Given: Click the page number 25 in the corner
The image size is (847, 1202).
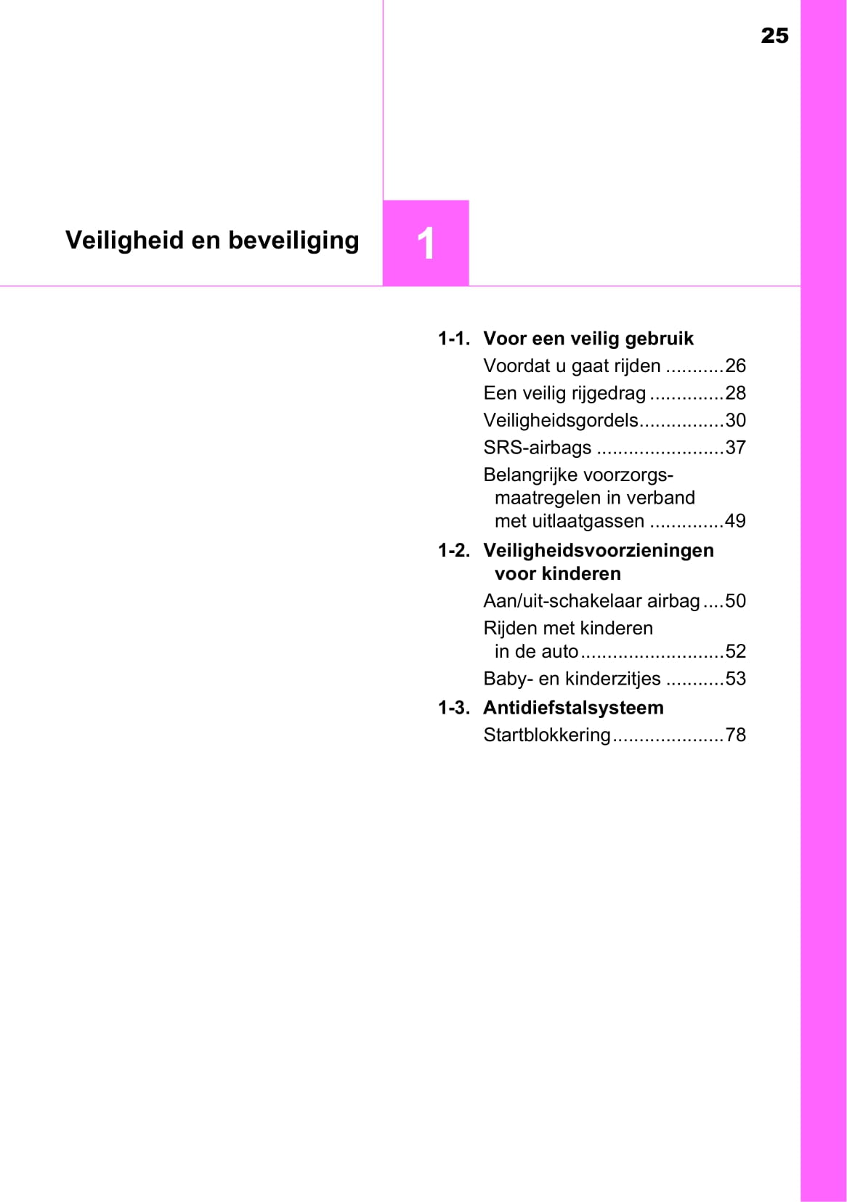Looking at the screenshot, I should coord(774,36).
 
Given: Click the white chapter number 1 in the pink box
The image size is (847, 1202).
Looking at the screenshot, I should coord(426,243).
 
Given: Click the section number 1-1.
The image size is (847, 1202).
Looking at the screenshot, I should coord(453,339).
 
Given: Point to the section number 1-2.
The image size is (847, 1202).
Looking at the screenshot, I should coord(453,551).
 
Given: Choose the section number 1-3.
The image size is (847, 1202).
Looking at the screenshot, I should coord(453,708).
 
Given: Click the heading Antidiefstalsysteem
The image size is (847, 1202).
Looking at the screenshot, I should coord(573,708).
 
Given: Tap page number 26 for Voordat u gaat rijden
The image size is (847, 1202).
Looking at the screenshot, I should coord(735,366).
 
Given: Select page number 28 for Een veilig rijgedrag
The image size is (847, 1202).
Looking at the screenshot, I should coord(735,393).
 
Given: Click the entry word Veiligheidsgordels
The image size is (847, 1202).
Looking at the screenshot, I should coord(561,421).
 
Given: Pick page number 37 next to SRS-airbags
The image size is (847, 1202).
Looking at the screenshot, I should coord(735,448).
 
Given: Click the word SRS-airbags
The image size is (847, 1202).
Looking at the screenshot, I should coord(538,448).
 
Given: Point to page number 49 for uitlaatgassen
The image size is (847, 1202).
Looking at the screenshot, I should coord(735,521).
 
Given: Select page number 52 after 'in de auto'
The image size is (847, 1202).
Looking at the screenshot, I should coord(735,651).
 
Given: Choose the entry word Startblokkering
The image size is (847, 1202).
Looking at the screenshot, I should coord(547,735).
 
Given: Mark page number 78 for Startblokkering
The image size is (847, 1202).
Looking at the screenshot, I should coord(735,735).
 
